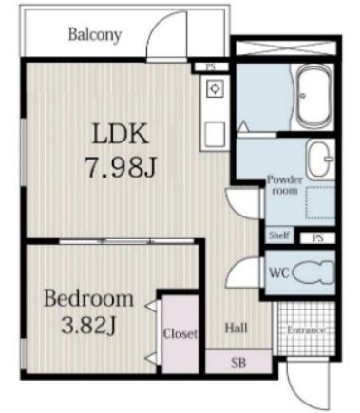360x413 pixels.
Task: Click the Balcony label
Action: [x=95, y=35]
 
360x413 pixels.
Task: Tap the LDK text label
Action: [x=120, y=134]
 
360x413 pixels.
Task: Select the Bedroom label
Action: [x=88, y=298]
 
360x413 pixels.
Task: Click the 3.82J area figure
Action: [x=88, y=326]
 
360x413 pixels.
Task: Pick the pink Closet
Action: [x=180, y=333]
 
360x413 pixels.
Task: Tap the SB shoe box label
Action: [x=238, y=363]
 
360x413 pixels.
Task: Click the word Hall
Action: [x=237, y=328]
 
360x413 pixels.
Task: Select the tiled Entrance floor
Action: [x=307, y=329]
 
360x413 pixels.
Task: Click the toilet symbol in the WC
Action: [x=313, y=272]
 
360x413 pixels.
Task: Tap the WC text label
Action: [x=279, y=272]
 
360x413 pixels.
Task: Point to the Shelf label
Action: [x=279, y=235]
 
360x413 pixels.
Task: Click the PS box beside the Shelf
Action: [x=317, y=237]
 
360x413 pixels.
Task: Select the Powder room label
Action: [x=285, y=185]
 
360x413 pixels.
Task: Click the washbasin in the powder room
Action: [x=320, y=160]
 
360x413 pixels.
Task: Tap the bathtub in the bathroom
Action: [x=314, y=96]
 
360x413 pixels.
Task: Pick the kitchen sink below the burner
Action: [x=215, y=133]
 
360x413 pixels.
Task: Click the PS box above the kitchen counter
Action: [x=211, y=67]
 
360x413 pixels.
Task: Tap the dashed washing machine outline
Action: [x=320, y=202]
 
